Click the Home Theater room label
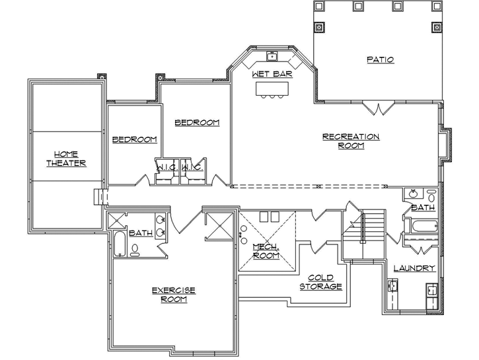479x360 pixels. point(65,159)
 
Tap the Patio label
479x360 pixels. point(381,59)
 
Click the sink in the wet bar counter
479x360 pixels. point(271,55)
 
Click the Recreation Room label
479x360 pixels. point(351,141)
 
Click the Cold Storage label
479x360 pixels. point(321,282)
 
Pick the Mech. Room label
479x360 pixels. point(267,251)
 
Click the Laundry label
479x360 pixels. point(414,268)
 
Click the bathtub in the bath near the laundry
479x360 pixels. point(420,229)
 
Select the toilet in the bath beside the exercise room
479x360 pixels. point(135,250)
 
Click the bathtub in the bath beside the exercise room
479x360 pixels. point(119,244)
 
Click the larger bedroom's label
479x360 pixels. point(197,123)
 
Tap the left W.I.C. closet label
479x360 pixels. point(165,168)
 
